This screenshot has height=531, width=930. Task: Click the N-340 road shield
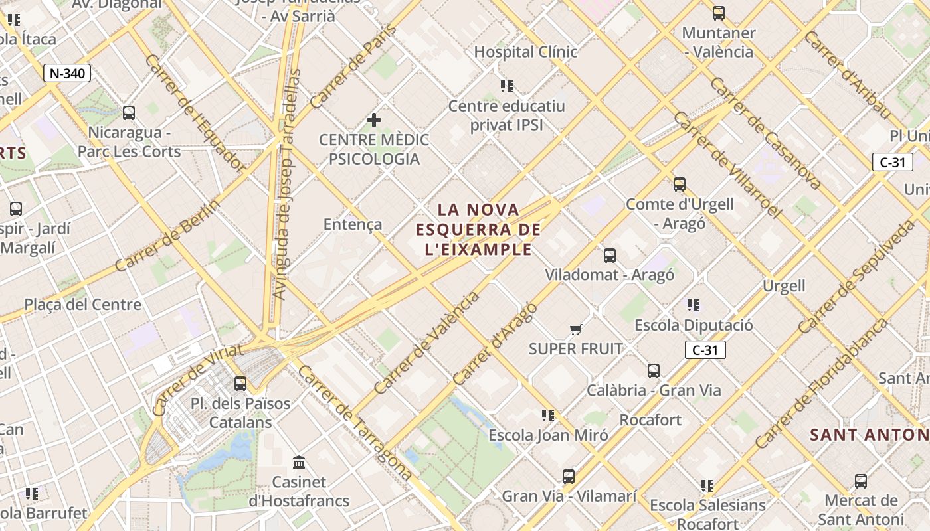(67, 73)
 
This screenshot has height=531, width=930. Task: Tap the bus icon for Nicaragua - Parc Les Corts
(129, 113)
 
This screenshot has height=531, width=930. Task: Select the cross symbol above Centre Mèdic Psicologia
(374, 120)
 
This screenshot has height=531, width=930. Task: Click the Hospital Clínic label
(525, 52)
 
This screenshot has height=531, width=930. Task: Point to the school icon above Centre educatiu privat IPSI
(507, 86)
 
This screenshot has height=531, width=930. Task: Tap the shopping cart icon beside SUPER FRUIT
(575, 329)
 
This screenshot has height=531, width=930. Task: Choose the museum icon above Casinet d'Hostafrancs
(299, 462)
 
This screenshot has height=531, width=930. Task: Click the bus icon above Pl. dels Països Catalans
(240, 383)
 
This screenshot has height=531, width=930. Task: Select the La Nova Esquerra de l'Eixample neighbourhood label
(478, 230)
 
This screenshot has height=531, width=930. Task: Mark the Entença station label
(353, 224)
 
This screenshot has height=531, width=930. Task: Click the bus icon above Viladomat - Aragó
(609, 255)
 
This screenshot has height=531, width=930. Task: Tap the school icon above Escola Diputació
(694, 305)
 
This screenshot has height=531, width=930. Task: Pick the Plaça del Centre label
(83, 305)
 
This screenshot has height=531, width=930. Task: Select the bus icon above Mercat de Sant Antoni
(861, 481)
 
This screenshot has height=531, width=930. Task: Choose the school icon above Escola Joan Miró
(547, 416)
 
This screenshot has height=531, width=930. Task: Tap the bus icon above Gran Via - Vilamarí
(569, 476)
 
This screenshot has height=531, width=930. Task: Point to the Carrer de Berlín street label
(167, 236)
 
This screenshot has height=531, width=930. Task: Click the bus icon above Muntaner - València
(718, 13)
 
